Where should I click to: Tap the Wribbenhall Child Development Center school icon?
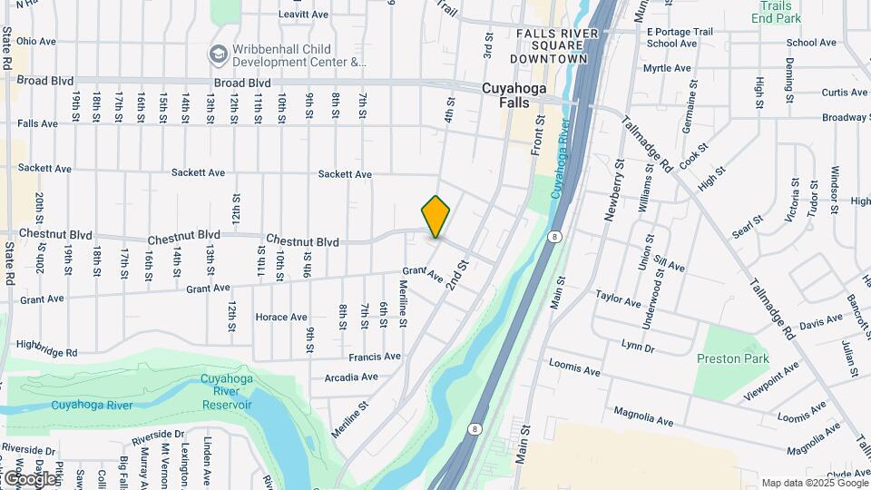tap(218, 55)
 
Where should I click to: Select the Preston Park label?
tap(731, 358)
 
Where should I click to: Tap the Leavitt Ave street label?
tap(303, 15)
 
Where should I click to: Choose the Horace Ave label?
tap(281, 318)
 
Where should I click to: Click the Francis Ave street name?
tap(375, 357)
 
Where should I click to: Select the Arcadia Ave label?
tap(350, 377)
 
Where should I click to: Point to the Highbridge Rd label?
tap(46, 348)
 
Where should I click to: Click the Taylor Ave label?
tap(619, 296)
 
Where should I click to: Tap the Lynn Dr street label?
tap(638, 347)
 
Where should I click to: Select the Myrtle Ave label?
tap(667, 68)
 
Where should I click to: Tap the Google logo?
tap(29, 478)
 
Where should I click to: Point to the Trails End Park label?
tap(776, 12)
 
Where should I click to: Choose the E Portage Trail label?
tap(680, 31)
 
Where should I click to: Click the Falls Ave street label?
tap(37, 123)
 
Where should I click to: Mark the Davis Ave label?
tap(821, 322)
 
